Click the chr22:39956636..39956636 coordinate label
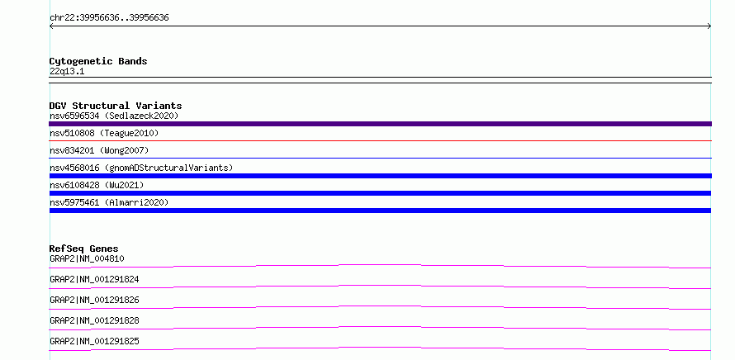109,18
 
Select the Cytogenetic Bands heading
98,61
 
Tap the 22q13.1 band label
67,72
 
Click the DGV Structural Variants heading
116,106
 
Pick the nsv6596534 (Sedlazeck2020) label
114,116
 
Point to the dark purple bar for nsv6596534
380,124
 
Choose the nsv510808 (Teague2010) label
104,133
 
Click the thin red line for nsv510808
380,140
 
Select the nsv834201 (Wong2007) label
99,150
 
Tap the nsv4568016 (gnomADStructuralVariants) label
141,168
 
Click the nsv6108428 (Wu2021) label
97,185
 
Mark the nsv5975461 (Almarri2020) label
109,202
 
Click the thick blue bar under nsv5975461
380,211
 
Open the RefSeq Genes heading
84,249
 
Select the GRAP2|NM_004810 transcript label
87,258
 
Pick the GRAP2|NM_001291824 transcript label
94,279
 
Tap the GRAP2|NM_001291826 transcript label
94,300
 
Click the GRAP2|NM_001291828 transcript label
94,320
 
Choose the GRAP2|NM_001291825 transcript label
94,341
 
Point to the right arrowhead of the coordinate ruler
710,26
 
